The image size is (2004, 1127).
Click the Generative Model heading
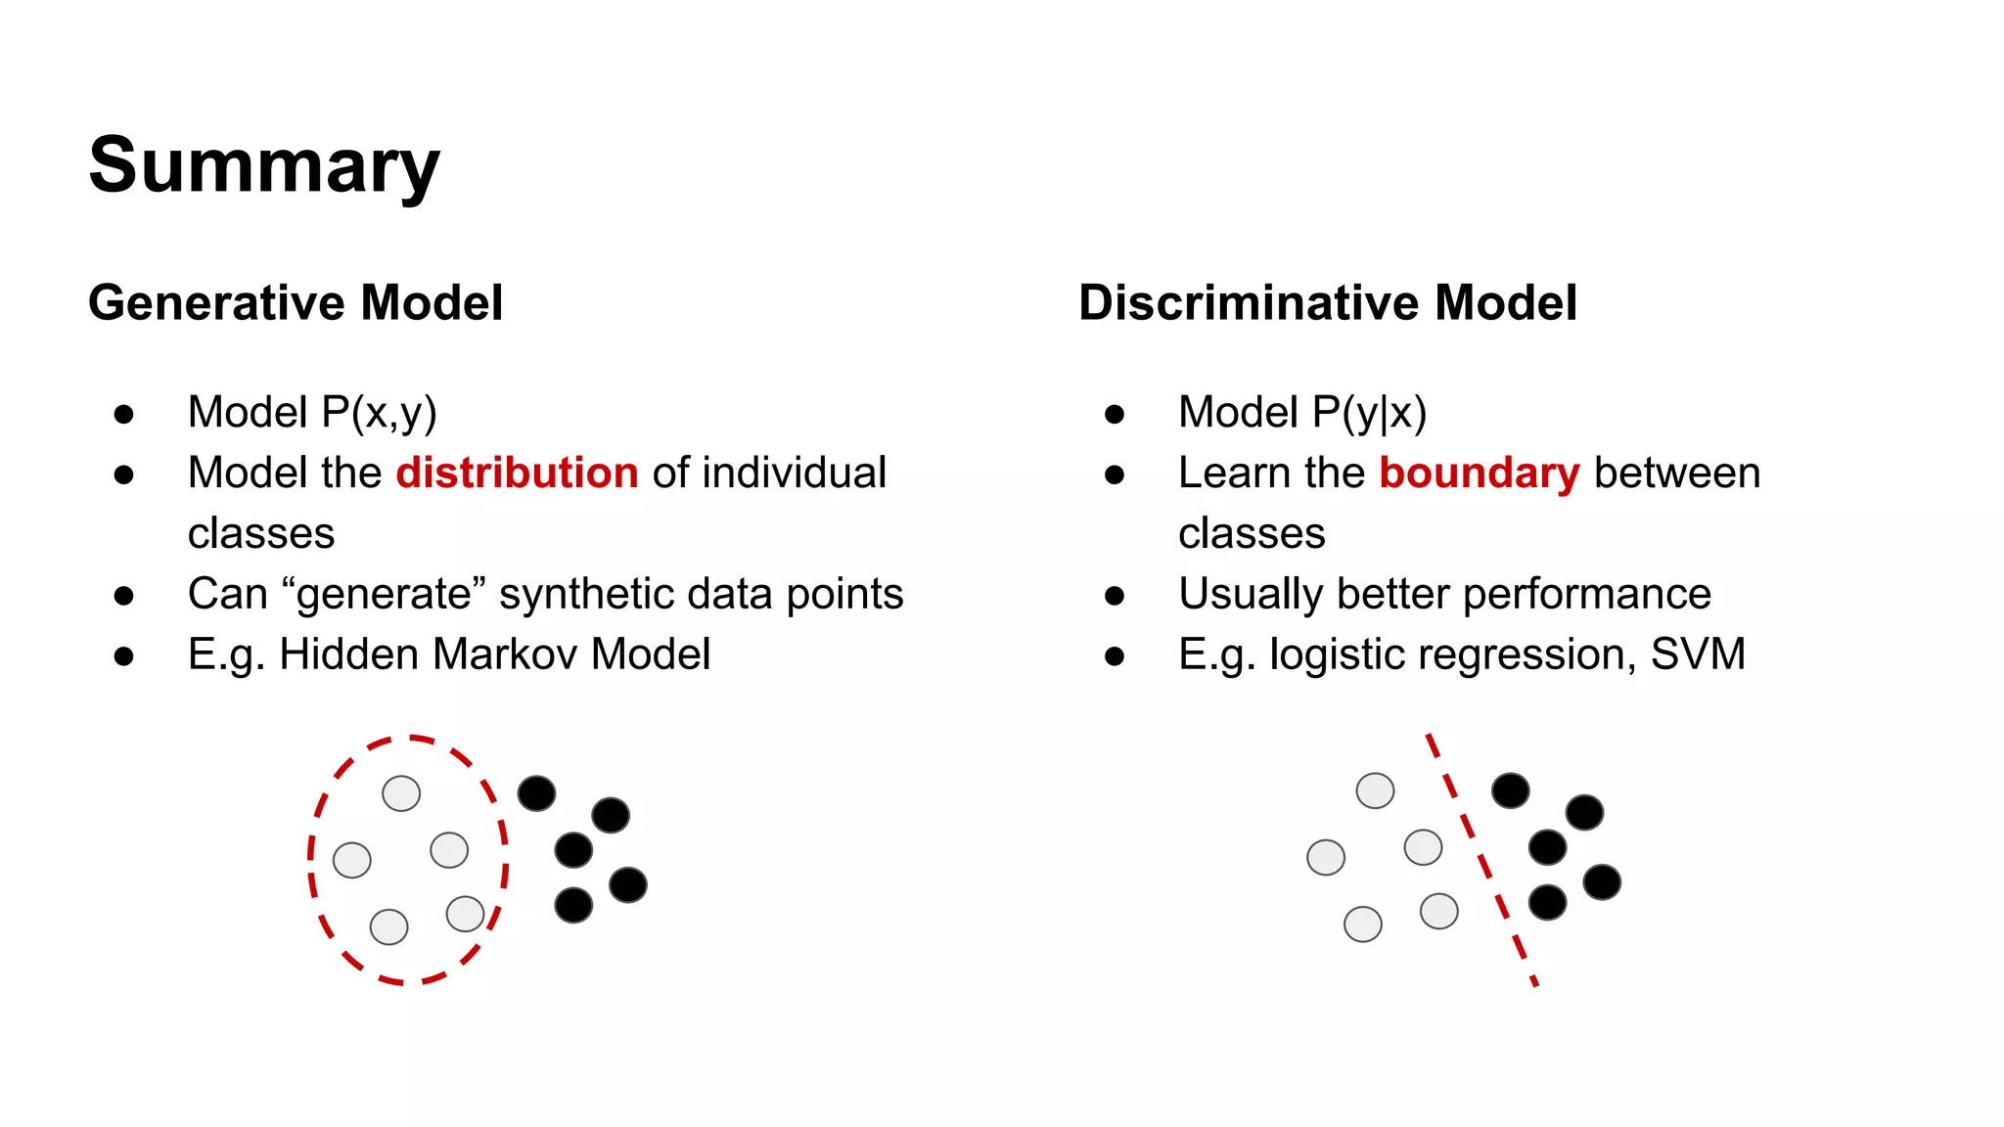(296, 302)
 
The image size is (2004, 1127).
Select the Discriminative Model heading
(1327, 302)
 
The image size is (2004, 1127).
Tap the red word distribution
(517, 473)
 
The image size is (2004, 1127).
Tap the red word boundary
(1479, 473)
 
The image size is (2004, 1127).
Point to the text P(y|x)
(1369, 413)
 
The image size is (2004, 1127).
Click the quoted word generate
(384, 595)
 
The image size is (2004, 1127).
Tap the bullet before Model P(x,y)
(123, 414)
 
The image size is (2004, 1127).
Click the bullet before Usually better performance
(1114, 596)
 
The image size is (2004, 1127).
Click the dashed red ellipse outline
(311, 861)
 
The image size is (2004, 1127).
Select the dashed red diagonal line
(1480, 858)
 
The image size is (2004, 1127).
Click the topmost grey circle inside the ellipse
(401, 793)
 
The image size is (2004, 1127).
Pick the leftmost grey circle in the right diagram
(1326, 857)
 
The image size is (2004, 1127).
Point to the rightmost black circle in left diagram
(628, 884)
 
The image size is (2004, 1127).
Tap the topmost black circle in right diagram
(1510, 790)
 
